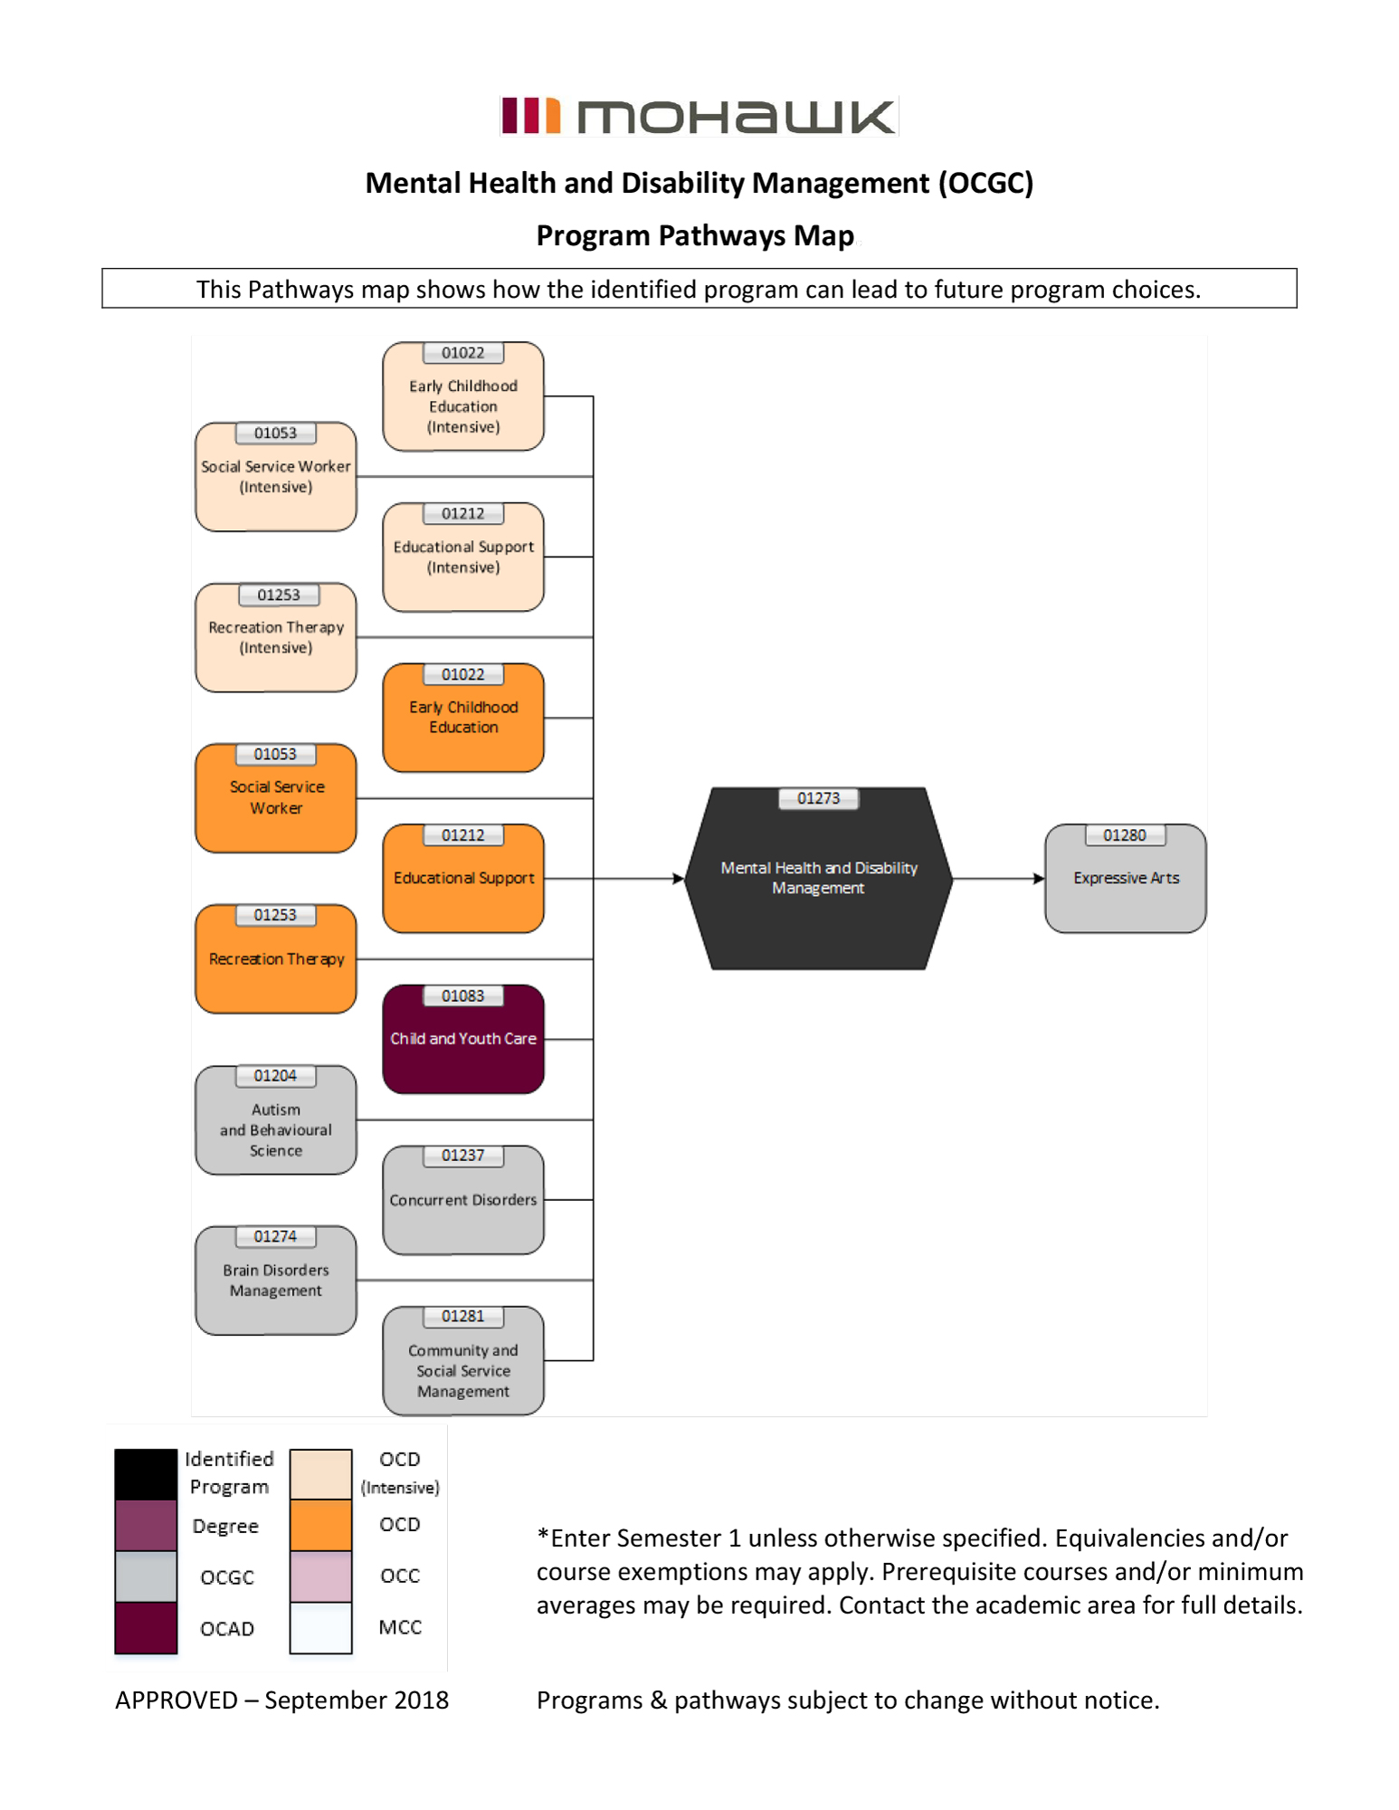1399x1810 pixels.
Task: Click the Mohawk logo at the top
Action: click(698, 116)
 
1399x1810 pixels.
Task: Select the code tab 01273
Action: click(818, 798)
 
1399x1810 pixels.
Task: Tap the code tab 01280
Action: click(1124, 835)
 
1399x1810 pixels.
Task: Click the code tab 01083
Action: click(462, 995)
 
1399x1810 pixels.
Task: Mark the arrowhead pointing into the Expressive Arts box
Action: click(1039, 878)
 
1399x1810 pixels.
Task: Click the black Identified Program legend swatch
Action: click(146, 1474)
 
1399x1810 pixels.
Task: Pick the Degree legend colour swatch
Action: click(146, 1526)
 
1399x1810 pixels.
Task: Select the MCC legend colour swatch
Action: click(320, 1627)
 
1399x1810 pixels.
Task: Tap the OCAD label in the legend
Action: click(227, 1628)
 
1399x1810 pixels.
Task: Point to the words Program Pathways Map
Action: click(695, 235)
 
